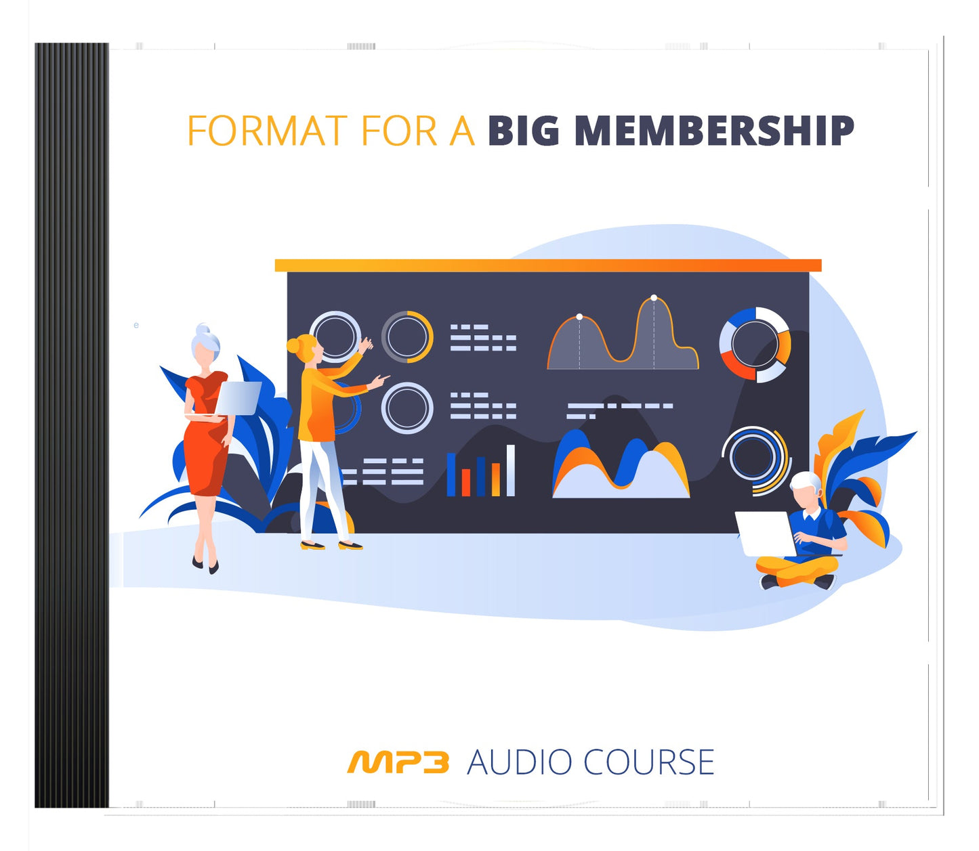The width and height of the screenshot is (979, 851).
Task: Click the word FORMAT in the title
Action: (x=267, y=131)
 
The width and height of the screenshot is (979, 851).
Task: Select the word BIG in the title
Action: (x=523, y=131)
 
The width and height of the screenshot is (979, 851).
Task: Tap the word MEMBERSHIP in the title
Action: (x=714, y=131)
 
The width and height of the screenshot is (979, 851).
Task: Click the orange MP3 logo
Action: (x=398, y=762)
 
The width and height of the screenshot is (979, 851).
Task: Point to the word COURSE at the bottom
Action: (x=648, y=762)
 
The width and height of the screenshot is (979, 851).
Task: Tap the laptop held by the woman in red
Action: (x=238, y=398)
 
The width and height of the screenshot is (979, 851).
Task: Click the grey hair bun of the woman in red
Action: (x=203, y=330)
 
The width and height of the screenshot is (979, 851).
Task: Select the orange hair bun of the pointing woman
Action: (x=293, y=346)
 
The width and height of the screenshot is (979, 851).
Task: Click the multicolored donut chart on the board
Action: (x=755, y=344)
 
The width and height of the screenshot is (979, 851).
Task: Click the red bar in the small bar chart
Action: (x=465, y=481)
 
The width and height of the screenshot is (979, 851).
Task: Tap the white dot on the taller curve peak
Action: (x=654, y=298)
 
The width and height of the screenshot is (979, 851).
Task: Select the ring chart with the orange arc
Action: (x=407, y=336)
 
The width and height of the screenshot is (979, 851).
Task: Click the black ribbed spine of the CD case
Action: (x=71, y=425)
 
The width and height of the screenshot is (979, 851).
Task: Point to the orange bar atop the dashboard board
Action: (x=547, y=265)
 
